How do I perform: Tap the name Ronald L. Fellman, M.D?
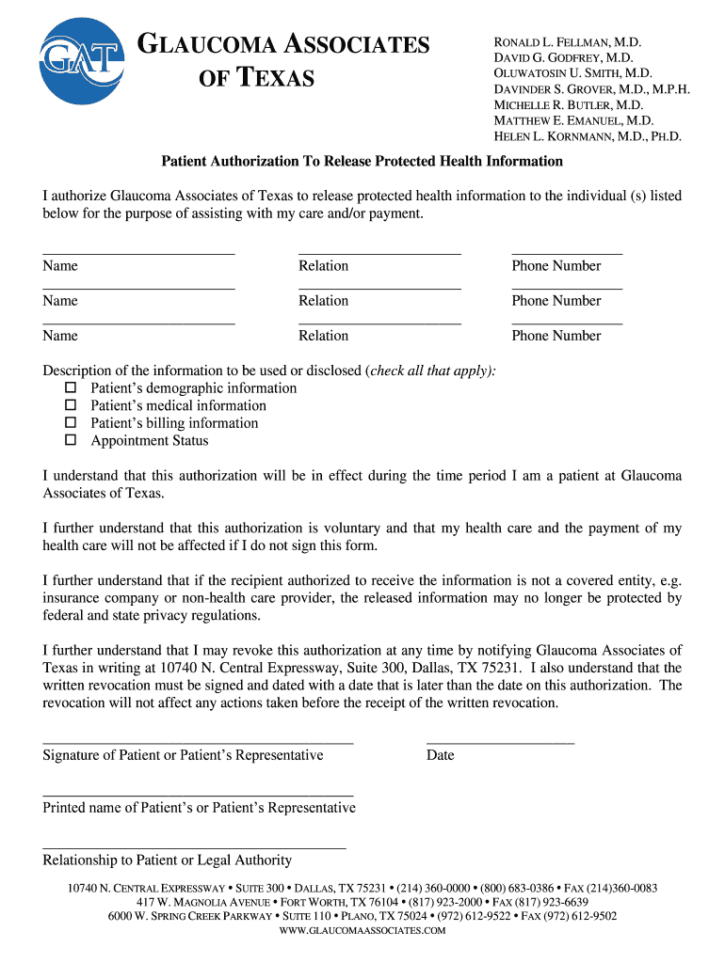pos(568,43)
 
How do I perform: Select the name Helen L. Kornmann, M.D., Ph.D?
pos(588,137)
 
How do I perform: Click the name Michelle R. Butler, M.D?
pos(568,105)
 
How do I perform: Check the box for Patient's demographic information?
pos(70,388)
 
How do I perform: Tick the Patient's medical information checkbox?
pos(70,406)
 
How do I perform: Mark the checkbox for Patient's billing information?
pos(70,423)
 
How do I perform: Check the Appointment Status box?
pos(70,441)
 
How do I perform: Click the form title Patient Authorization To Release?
pos(362,161)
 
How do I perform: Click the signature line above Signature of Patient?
pos(198,742)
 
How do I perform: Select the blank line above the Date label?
pos(500,742)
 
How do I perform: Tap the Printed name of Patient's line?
pos(198,795)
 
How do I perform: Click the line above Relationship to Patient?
pos(194,847)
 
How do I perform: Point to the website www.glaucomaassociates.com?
pos(362,931)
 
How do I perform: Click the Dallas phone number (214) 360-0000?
pos(434,889)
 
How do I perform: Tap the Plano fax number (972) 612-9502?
pos(583,916)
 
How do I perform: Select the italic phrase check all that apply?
pos(431,371)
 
